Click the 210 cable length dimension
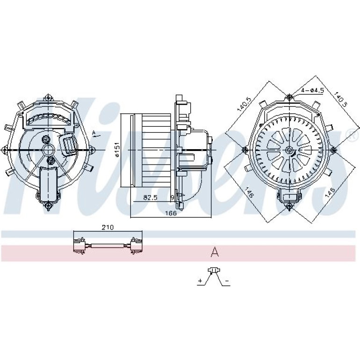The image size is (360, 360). [x=108, y=227]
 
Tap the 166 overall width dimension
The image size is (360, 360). [x=171, y=213]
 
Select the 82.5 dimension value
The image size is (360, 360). [x=150, y=197]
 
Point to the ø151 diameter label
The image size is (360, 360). [x=117, y=150]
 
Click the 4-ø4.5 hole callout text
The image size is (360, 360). [x=312, y=90]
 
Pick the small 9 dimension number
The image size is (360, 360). [x=173, y=197]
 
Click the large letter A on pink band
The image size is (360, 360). [x=215, y=252]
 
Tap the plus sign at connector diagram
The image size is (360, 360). [x=201, y=281]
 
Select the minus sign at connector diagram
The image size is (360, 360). [x=227, y=281]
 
